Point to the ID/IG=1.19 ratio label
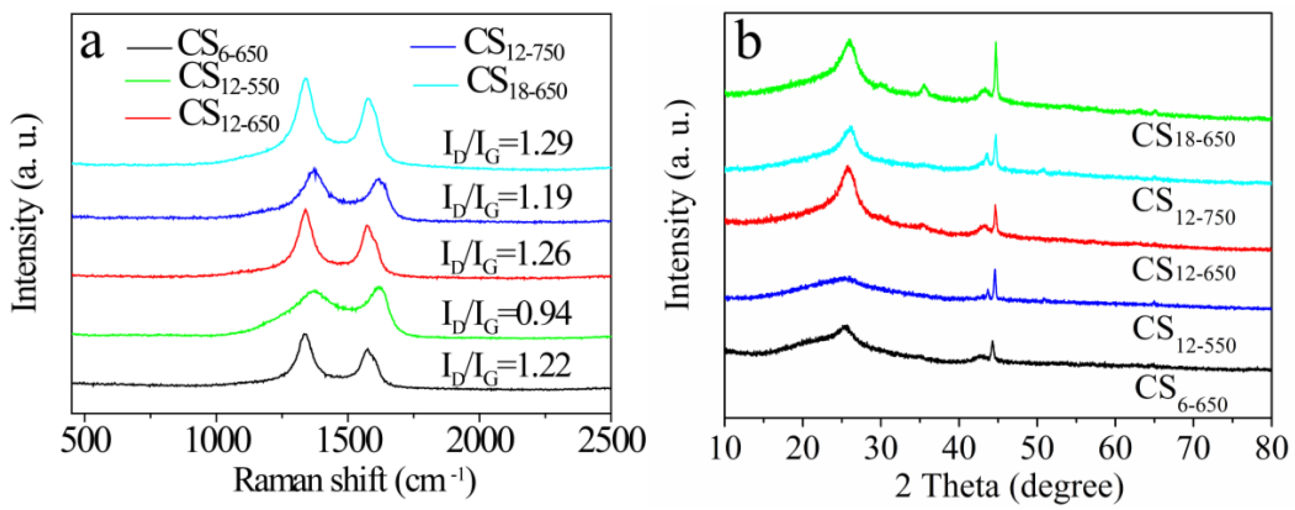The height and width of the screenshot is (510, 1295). point(507,199)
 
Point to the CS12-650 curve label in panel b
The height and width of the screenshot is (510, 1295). point(1183,272)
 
